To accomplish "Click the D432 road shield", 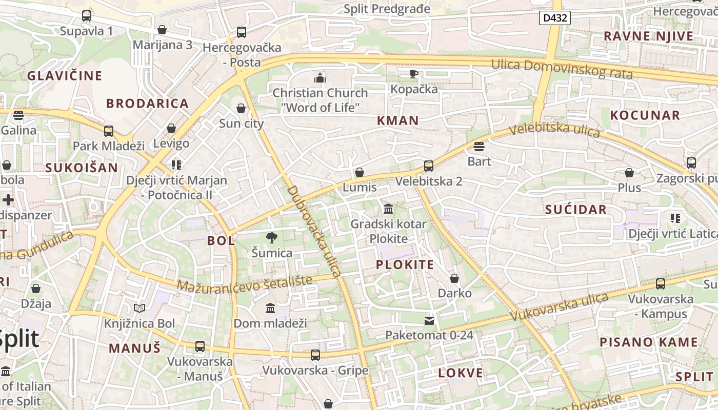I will [555, 18].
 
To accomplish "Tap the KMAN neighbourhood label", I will [398, 121].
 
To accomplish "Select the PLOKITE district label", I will [405, 265].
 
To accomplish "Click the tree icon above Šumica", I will [272, 237].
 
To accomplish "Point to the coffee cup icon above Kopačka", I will [414, 74].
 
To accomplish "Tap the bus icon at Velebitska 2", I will [429, 166].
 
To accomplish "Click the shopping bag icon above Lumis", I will [360, 172].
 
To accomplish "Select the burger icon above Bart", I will [479, 147].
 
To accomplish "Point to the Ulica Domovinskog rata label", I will [562, 69].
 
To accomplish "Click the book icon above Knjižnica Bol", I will [139, 308].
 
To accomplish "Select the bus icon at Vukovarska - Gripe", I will [315, 355].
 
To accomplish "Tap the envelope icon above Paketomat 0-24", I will [429, 321].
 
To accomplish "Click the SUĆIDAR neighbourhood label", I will [576, 209].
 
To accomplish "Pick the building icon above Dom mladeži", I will [270, 308].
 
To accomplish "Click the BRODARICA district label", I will [148, 104].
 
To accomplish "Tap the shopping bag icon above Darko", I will [454, 278].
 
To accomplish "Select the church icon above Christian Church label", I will [320, 78].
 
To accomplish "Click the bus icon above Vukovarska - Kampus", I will [661, 283].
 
